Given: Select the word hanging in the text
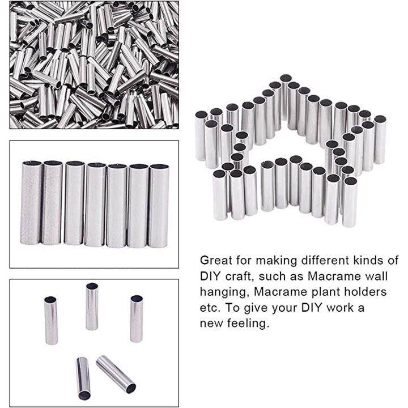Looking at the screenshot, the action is (224, 293).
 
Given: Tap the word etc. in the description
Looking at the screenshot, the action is (210, 308).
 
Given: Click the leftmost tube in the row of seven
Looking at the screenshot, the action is (31, 202).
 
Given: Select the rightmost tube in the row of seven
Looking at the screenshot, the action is (159, 206).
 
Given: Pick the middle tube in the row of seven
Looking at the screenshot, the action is (95, 205).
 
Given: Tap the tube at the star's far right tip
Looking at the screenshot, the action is (380, 139).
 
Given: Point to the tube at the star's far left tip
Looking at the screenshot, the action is (201, 135).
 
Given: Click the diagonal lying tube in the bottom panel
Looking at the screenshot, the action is (116, 374).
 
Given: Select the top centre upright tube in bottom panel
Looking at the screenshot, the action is (92, 306).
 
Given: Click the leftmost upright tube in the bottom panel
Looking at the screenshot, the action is (51, 320).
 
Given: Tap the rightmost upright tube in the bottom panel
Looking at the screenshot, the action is (137, 318).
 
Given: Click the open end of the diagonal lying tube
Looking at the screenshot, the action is (131, 388).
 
